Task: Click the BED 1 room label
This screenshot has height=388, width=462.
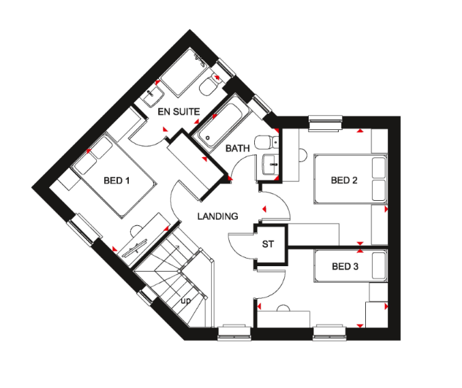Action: pos(117,180)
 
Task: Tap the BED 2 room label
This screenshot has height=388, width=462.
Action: pos(344,180)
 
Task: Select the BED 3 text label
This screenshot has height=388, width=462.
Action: pos(345,266)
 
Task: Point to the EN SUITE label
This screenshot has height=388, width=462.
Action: pos(179,112)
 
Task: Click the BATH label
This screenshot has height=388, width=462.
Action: pos(238,148)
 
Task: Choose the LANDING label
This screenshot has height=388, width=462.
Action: pos(218,216)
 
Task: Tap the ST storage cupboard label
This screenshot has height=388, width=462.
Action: pos(268,244)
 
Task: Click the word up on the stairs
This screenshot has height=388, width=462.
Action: pos(185,301)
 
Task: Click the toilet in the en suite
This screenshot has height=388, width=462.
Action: pos(210,84)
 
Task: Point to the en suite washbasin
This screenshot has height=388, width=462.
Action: pos(153,95)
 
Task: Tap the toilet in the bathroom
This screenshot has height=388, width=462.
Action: pos(266,142)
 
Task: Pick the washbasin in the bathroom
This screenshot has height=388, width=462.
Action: pos(270,165)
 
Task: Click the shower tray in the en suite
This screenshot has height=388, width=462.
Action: pos(185,73)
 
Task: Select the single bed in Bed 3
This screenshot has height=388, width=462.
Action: pos(351,266)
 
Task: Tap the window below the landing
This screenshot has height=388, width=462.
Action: pos(234,333)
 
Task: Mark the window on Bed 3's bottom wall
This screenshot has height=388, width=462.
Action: pos(330,333)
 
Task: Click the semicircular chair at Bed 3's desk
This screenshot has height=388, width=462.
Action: pos(283,308)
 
